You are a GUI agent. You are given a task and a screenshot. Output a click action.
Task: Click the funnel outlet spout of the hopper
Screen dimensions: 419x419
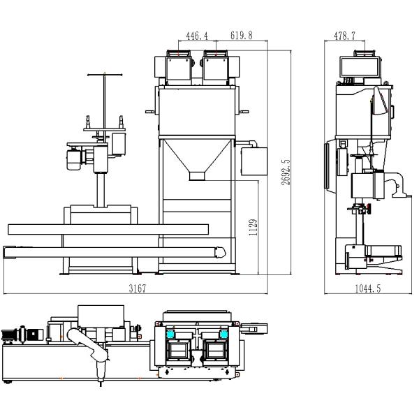pyautogui.click(x=198, y=177)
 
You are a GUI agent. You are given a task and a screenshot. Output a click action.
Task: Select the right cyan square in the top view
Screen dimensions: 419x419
pyautogui.click(x=223, y=335)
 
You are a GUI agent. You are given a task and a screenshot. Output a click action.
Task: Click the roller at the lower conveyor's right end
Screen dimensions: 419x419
pyautogui.click(x=221, y=250)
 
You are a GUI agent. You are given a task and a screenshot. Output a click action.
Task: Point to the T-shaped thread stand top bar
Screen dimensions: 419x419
pyautogui.click(x=105, y=73)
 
